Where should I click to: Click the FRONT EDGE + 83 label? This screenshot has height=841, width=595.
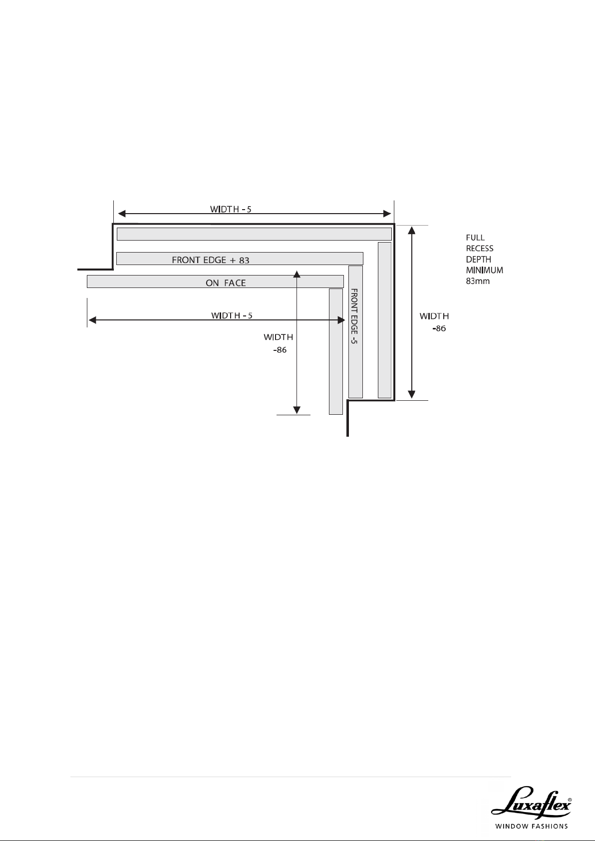tap(211, 260)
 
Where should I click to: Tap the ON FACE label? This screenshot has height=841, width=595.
tap(226, 282)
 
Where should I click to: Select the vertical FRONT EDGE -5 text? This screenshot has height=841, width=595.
tap(353, 316)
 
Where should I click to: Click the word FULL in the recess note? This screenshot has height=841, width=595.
tap(475, 238)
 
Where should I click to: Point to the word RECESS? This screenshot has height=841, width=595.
tap(480, 249)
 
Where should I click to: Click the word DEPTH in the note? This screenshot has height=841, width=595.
tap(479, 260)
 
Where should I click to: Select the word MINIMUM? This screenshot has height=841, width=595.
tap(485, 270)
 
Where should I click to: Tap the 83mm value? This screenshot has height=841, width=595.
tap(478, 281)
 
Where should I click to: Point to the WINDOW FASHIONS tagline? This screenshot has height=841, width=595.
tap(531, 827)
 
